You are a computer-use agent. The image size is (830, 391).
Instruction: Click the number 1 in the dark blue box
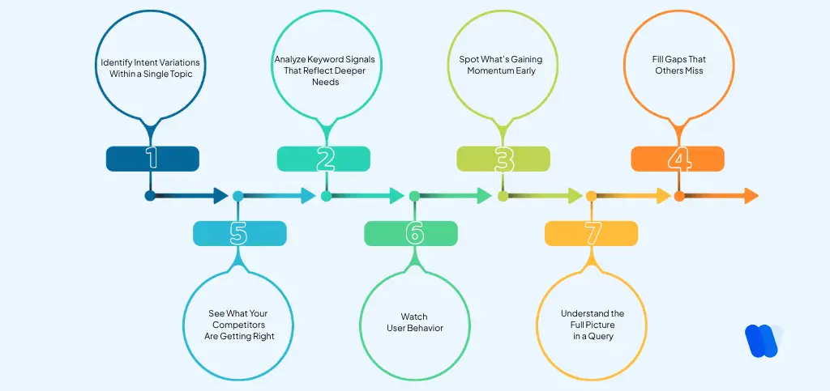152,159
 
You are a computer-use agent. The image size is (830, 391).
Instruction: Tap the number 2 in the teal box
325,159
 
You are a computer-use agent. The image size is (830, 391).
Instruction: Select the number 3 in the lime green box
503,159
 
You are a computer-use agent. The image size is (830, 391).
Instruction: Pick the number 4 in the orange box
678,159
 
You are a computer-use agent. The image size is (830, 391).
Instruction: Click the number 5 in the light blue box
238,233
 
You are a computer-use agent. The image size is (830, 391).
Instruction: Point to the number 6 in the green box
414,233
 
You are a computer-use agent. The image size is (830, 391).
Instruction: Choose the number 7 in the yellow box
592,233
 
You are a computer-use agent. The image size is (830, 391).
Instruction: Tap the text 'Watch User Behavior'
414,321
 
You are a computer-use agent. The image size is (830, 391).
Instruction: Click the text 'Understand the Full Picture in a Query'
592,324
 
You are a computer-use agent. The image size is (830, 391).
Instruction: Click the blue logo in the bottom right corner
761,340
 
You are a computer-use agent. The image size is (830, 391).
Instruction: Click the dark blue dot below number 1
150,195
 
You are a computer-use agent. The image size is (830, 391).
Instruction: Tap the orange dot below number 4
679,195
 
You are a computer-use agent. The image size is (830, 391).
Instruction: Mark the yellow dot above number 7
592,195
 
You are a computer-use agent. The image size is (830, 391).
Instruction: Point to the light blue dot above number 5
237,195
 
